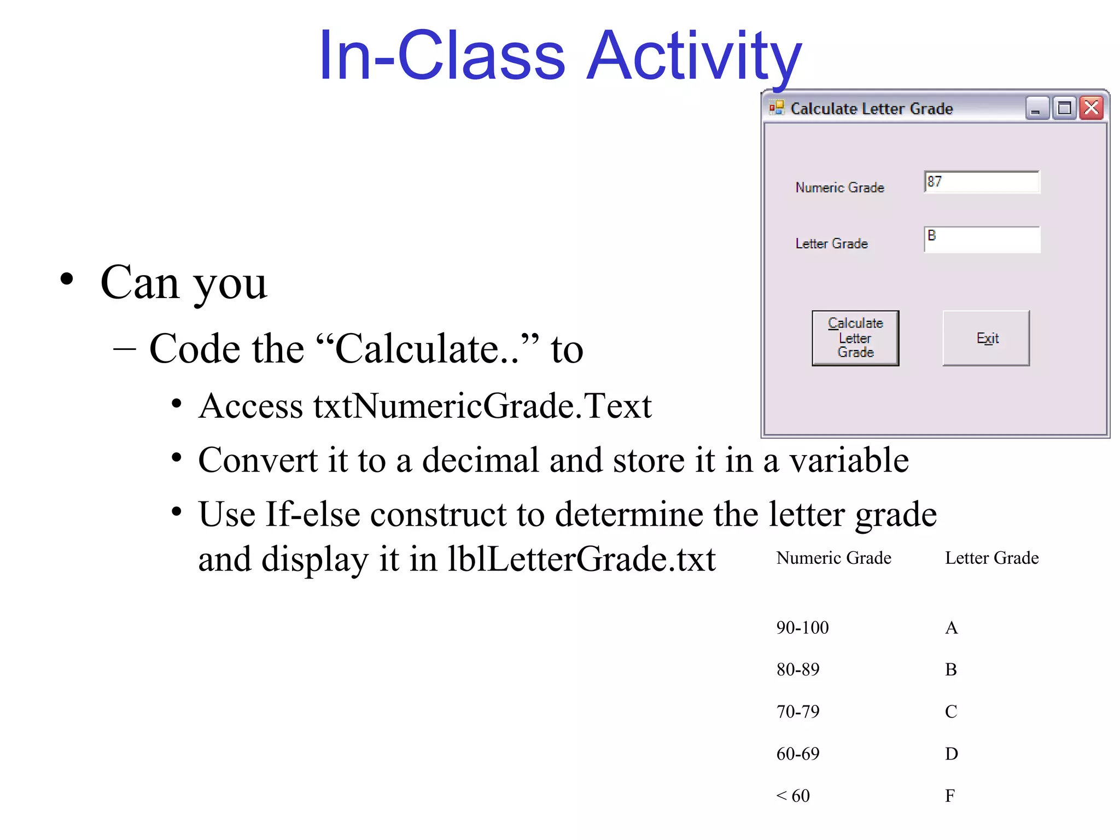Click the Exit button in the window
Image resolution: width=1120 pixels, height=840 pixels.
click(x=986, y=338)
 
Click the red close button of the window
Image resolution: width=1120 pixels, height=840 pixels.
click(x=1092, y=108)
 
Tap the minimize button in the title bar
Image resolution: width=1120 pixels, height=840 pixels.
click(x=1036, y=108)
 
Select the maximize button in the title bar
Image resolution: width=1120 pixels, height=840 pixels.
click(x=1064, y=108)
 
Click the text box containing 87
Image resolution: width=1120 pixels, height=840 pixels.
click(x=982, y=182)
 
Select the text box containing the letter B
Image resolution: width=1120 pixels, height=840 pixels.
click(x=982, y=240)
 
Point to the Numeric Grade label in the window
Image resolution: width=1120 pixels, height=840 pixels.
click(x=839, y=188)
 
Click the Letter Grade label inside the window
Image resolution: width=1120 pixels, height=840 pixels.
click(x=831, y=243)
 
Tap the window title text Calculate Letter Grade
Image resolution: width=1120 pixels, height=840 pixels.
click(x=871, y=109)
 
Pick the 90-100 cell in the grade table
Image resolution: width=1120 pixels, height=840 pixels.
click(x=802, y=627)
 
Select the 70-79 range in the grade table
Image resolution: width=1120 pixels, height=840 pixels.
click(x=798, y=711)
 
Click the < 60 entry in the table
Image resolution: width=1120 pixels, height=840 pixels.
click(x=793, y=796)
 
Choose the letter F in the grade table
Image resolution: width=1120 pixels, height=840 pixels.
click(x=950, y=796)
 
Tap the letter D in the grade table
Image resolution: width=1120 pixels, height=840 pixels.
click(x=951, y=754)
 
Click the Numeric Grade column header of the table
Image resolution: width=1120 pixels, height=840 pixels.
click(x=833, y=558)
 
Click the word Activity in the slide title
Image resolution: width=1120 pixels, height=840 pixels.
click(x=693, y=56)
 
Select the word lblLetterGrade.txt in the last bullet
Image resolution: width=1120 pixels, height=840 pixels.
click(x=581, y=559)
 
